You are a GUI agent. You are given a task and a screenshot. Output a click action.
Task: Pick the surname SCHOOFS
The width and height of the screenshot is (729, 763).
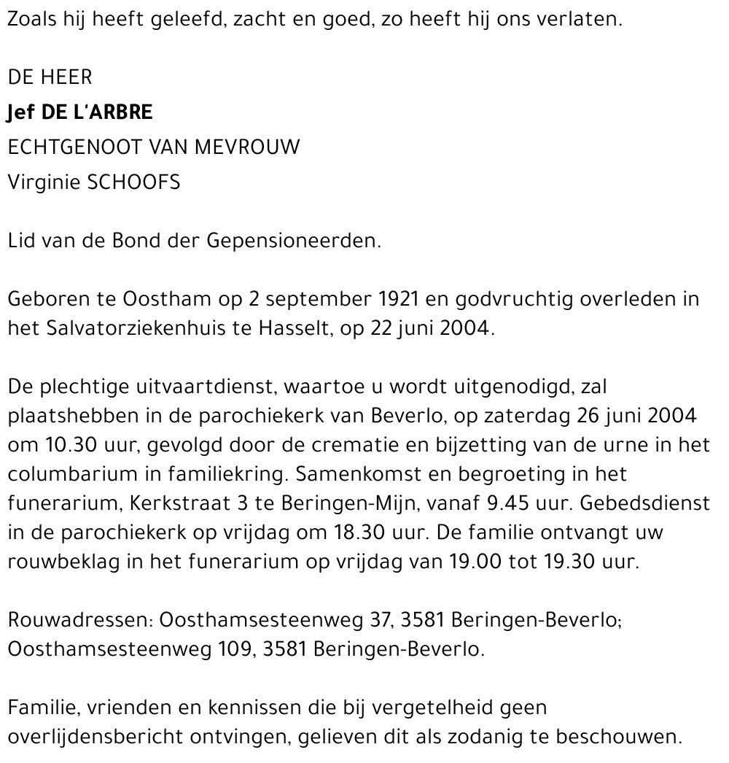[x=133, y=183]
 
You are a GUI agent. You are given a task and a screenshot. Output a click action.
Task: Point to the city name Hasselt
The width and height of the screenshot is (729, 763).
[x=291, y=328]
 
